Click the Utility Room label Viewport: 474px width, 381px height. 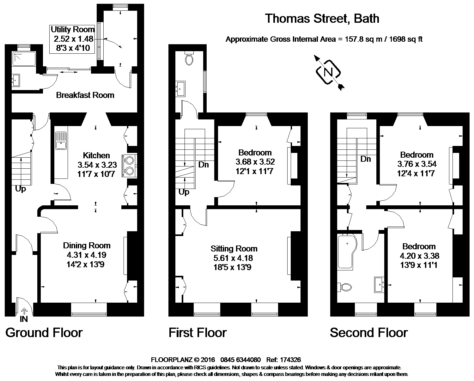tap(73, 30)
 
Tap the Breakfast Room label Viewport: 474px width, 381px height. tap(85, 95)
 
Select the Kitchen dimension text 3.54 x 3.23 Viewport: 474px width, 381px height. tap(97, 165)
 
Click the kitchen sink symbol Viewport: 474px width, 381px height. tap(61, 141)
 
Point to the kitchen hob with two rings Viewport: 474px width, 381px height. tap(130, 165)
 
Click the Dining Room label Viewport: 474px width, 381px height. tap(87, 245)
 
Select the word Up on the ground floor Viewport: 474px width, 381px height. tap(21, 189)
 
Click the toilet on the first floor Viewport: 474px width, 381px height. tap(189, 59)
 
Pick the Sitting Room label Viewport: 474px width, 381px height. tap(234, 249)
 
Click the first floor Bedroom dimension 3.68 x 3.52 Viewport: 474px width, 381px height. tap(255, 162)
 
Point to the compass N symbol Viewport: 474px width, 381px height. tap(328, 72)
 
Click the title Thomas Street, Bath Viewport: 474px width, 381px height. tap(322, 19)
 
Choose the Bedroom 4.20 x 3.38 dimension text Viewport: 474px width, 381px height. tap(419, 256)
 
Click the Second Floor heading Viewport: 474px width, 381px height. tap(368, 333)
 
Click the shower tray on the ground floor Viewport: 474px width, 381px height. tap(25, 59)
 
